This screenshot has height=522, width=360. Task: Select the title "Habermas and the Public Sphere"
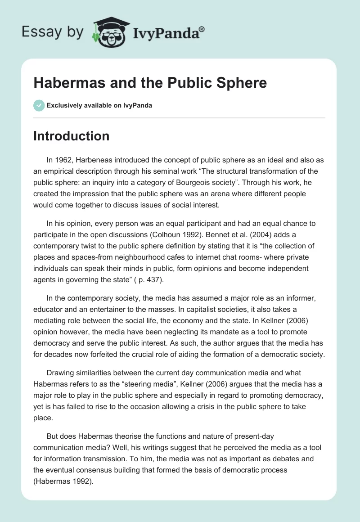click(x=150, y=83)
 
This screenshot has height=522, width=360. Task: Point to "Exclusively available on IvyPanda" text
click(x=99, y=106)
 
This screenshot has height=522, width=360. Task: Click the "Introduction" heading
click(x=71, y=135)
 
